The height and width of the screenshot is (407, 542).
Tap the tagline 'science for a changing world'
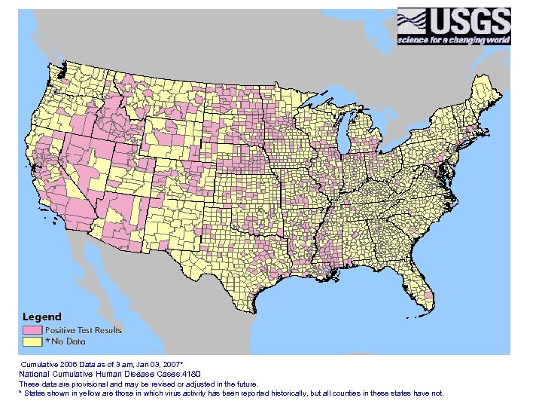point(454,39)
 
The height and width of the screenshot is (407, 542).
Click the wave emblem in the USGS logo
point(413,20)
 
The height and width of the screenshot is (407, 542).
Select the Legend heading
point(42,317)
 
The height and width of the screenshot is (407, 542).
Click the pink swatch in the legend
point(32,330)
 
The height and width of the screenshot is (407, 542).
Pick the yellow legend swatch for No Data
point(32,341)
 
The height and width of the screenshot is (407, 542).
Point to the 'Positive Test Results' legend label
point(83,330)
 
